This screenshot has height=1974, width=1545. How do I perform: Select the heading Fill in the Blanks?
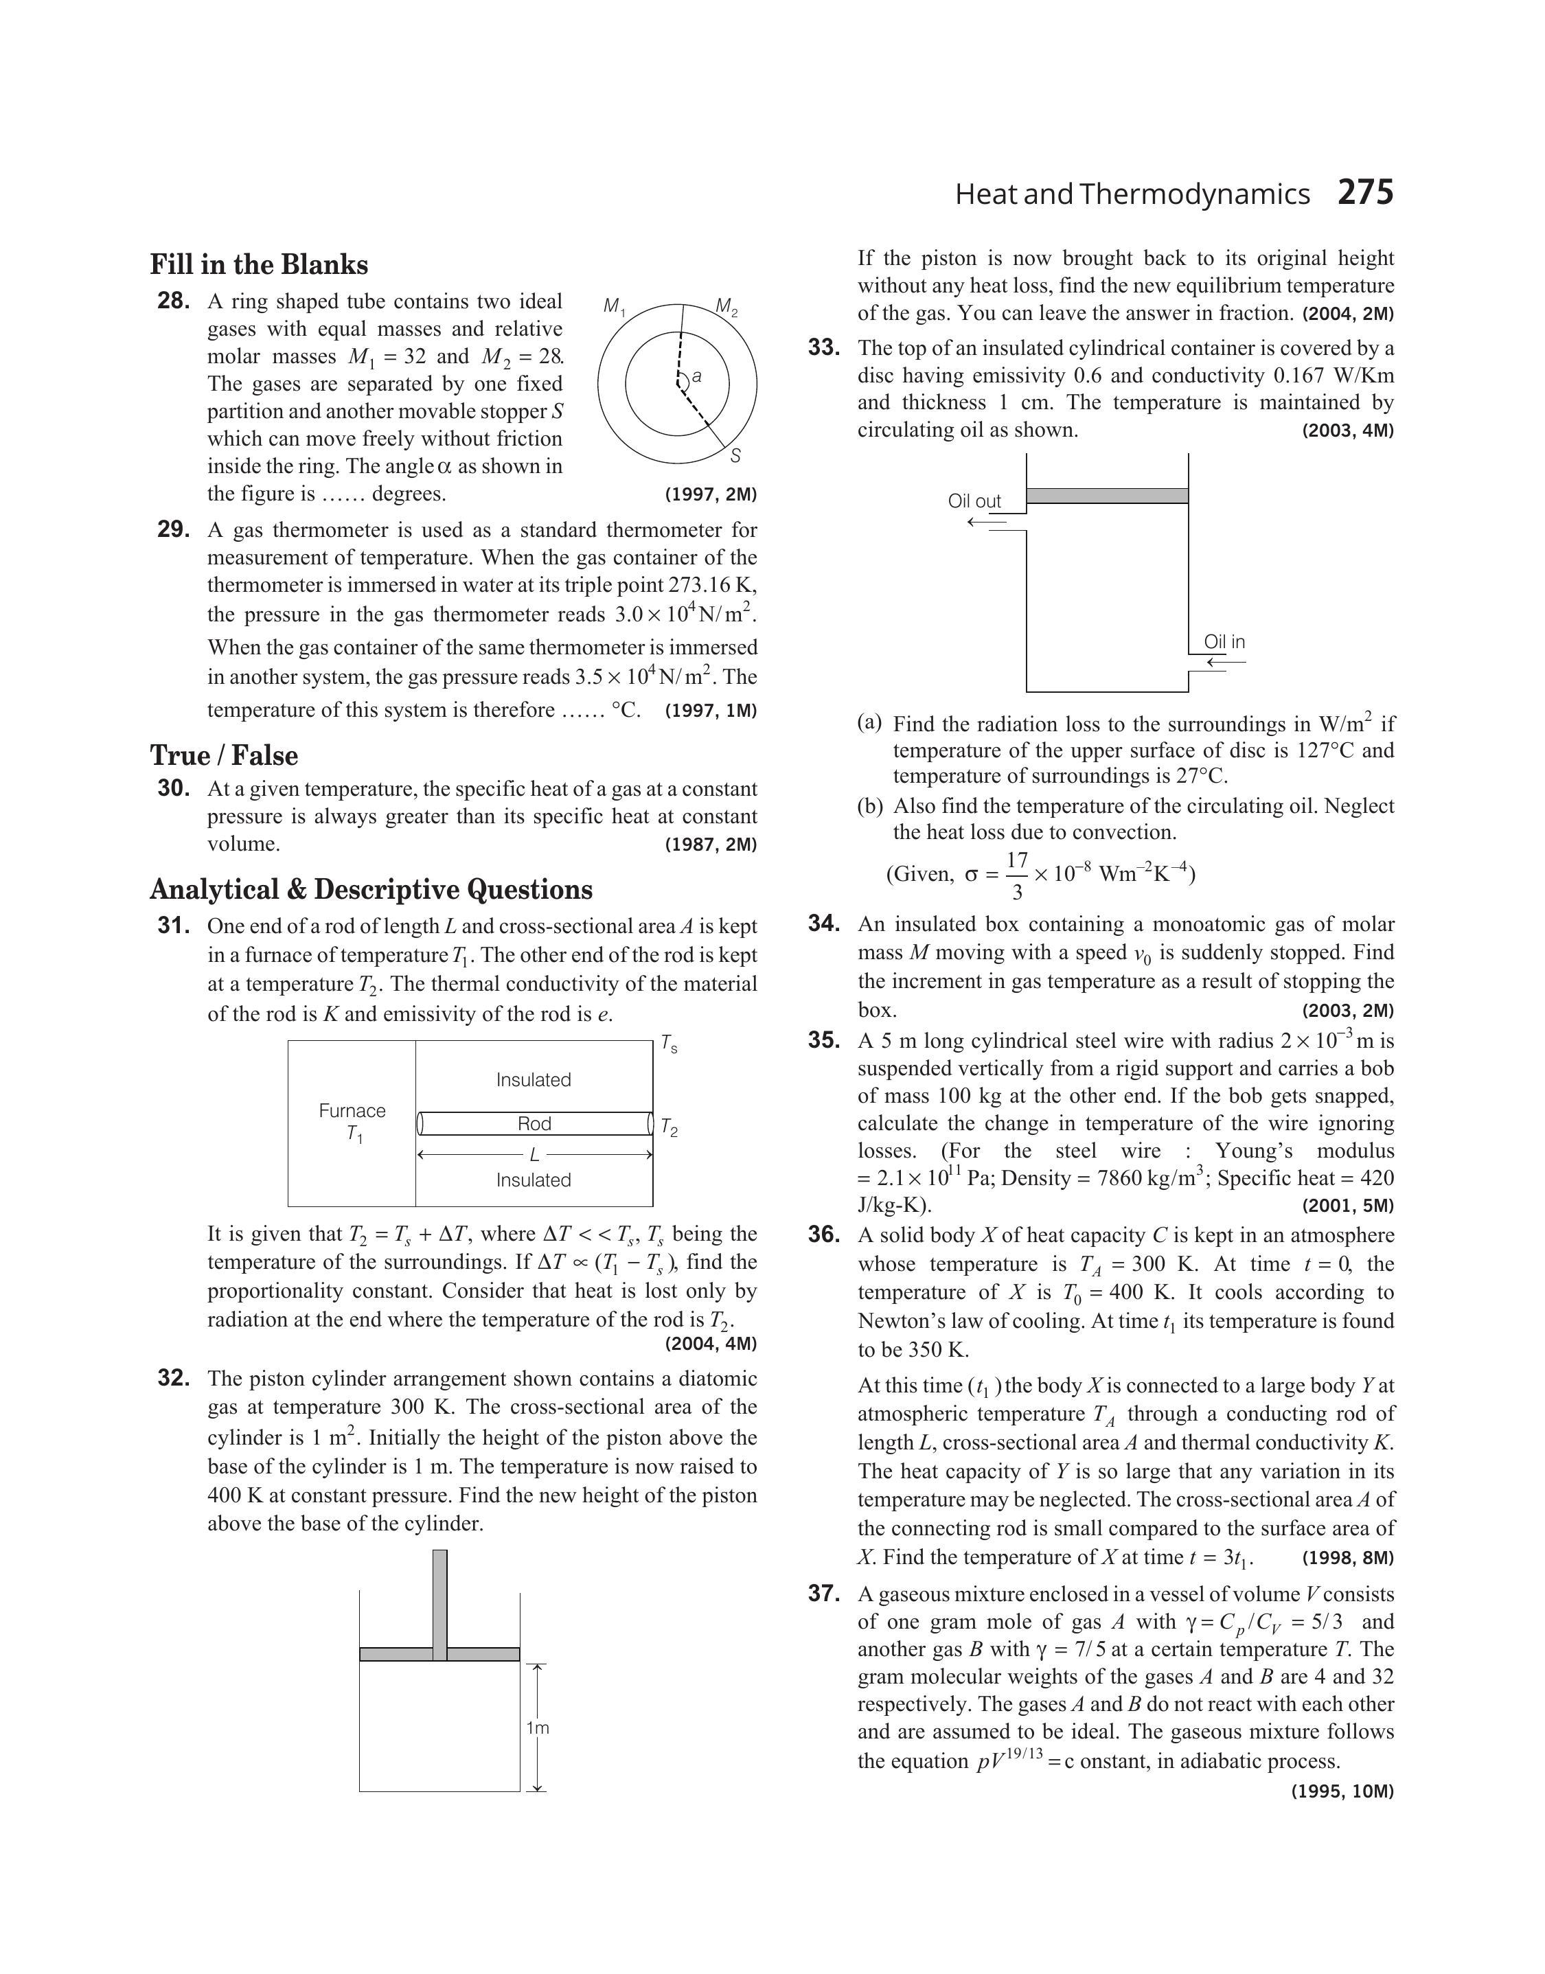click(x=259, y=265)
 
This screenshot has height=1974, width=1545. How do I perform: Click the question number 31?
click(x=174, y=926)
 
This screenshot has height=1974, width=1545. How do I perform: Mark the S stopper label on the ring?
click(x=735, y=456)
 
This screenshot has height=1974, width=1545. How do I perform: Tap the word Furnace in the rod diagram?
click(x=352, y=1110)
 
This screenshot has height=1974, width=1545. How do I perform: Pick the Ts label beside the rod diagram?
click(x=669, y=1045)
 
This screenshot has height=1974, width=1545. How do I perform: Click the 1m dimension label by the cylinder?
click(x=537, y=1728)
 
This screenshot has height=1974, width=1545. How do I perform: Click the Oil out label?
click(x=974, y=501)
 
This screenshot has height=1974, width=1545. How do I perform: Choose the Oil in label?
click(x=1224, y=642)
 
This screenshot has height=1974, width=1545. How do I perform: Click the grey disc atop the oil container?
click(x=1107, y=496)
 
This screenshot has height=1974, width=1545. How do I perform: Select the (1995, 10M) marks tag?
click(x=1342, y=1791)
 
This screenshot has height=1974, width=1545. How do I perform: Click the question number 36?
click(x=824, y=1235)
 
